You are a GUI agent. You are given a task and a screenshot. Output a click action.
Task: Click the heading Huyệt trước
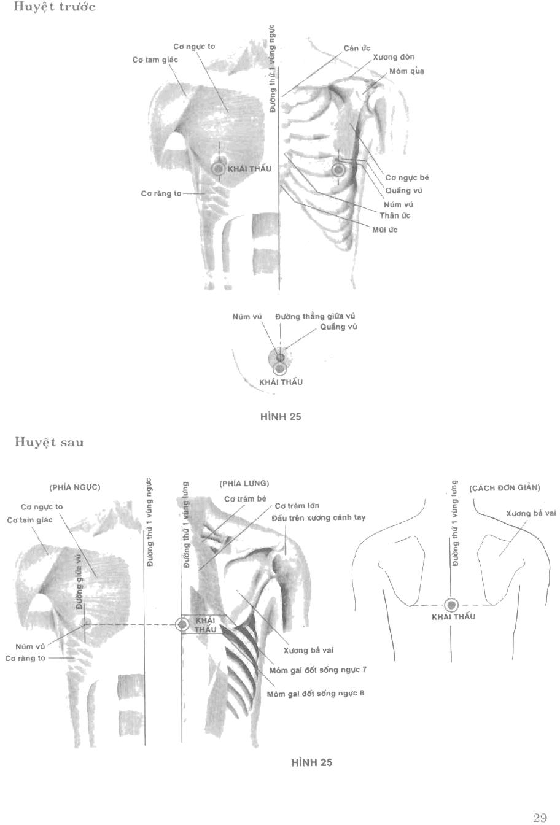[x=55, y=7]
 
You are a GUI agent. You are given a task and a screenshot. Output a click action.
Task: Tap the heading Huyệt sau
[x=49, y=443]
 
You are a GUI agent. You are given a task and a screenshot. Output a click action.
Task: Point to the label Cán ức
[x=357, y=48]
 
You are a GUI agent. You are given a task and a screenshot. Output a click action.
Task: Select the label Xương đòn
[x=394, y=57]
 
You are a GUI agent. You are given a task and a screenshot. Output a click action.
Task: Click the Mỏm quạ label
[x=407, y=72]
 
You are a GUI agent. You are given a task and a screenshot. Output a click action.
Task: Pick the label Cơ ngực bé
[x=407, y=178]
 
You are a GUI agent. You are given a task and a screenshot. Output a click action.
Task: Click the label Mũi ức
[x=385, y=230]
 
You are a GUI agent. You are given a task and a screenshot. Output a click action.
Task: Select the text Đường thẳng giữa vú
[x=315, y=316]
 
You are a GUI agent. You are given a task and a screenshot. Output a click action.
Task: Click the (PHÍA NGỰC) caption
[x=75, y=487]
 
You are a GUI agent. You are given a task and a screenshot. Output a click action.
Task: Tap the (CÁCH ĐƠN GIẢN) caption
[x=504, y=489]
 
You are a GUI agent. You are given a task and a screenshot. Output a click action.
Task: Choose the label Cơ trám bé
[x=245, y=498]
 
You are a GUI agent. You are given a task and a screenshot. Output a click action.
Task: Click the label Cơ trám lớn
[x=297, y=506]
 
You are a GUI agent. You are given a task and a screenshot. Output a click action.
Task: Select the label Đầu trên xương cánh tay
[x=318, y=517]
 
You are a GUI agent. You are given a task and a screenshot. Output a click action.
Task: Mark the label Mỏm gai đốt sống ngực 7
[x=318, y=670]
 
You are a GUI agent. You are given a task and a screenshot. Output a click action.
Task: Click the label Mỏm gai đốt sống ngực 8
[x=316, y=694]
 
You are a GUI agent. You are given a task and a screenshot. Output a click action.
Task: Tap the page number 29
[x=540, y=818]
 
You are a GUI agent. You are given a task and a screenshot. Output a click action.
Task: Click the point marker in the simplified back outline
[x=452, y=605]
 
